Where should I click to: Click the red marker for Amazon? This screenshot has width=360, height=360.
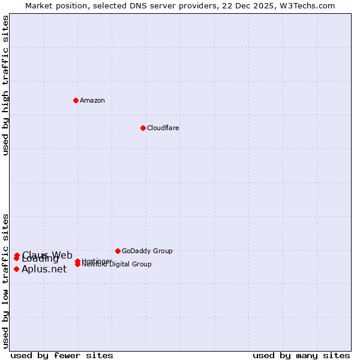coord(76,100)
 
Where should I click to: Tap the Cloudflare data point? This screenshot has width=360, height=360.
coord(143,128)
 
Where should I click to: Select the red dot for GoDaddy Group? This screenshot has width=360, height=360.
coord(118,251)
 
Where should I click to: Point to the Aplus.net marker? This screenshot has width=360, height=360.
coord(16,269)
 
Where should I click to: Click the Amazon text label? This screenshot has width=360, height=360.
coord(92,100)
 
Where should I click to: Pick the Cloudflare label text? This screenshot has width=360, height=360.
coord(163,128)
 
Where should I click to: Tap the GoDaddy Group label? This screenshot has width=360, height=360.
coord(147,251)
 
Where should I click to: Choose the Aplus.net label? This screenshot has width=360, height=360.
coord(44,269)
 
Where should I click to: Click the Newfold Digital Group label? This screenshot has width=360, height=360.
coord(117,265)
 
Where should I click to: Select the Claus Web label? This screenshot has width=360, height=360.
coord(48,255)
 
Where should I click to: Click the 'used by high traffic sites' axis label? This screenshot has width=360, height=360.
coord(6,85)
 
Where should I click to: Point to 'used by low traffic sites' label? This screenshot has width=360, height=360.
coord(6,280)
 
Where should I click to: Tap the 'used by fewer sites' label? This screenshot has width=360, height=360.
coord(62,355)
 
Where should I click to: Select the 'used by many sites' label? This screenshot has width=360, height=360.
coord(301,355)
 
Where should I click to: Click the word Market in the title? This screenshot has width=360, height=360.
coord(40,5)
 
